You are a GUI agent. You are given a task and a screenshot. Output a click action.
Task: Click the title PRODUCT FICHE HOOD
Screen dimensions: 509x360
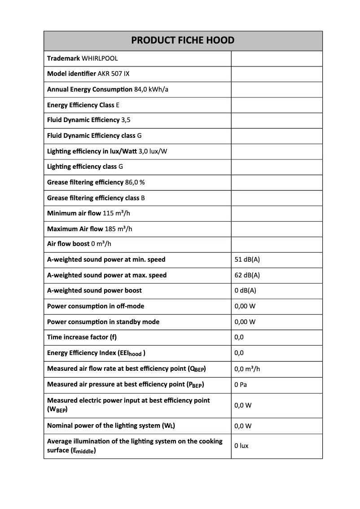tap(183, 40)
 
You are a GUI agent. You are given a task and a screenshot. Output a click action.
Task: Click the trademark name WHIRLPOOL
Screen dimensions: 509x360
tap(100, 58)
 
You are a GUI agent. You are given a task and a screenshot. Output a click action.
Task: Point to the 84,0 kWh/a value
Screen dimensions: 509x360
tap(151, 89)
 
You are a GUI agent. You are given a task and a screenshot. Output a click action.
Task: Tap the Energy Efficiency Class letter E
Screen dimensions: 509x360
tap(118, 105)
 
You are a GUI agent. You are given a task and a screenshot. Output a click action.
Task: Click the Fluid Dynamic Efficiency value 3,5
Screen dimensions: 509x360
tap(126, 120)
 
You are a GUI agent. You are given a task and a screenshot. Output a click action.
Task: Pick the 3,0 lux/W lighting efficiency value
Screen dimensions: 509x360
tap(153, 151)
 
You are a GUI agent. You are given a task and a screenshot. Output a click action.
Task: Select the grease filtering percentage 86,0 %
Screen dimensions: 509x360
tap(135, 182)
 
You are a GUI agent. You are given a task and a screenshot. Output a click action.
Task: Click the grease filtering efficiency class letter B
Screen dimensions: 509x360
tap(143, 198)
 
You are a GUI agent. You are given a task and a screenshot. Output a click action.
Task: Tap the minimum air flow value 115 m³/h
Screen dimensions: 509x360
tap(118, 213)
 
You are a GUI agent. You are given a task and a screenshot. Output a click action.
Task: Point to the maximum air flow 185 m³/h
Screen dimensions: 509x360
tap(119, 229)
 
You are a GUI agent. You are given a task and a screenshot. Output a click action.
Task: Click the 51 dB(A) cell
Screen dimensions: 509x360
tap(247, 259)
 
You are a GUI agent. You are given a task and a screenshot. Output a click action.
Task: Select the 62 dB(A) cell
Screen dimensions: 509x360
tap(247, 275)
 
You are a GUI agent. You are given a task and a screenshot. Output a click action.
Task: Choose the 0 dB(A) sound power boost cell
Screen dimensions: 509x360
tap(245, 290)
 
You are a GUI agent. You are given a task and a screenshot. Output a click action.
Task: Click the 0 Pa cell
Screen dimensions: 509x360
tap(241, 385)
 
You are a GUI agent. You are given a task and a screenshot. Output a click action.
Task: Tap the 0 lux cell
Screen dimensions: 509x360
tap(241, 446)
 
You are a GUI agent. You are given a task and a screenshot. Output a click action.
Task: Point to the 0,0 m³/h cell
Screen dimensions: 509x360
tap(247, 369)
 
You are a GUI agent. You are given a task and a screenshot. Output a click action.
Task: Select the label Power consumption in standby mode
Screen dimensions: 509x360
tap(103, 322)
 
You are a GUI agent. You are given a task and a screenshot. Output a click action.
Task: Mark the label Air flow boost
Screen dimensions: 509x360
tap(68, 244)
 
